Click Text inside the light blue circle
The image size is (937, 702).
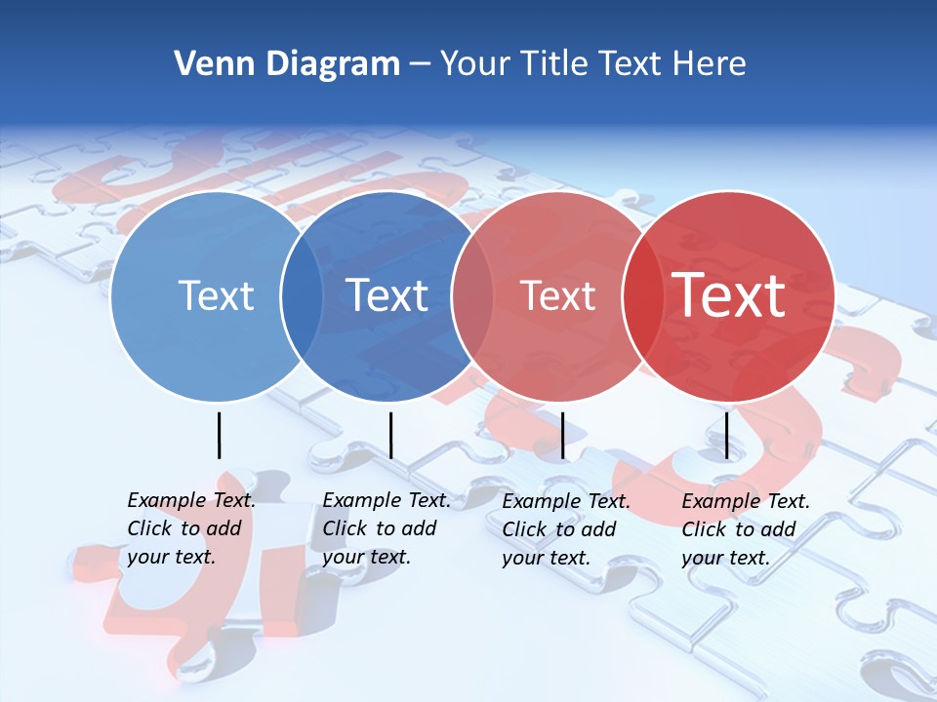[216, 295]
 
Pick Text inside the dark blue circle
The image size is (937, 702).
[387, 295]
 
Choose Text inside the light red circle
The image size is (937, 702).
[557, 295]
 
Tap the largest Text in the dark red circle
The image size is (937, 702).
[729, 295]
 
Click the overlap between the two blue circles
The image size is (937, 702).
[302, 295]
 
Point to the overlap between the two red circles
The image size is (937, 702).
[641, 295]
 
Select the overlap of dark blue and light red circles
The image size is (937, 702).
[472, 295]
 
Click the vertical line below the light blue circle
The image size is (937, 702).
[219, 435]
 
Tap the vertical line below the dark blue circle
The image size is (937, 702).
[390, 435]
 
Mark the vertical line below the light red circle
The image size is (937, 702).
[562, 435]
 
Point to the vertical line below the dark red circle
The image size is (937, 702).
[726, 435]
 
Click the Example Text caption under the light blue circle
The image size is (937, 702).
[191, 528]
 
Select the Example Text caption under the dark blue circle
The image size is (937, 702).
[387, 528]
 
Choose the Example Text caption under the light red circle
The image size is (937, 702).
[566, 529]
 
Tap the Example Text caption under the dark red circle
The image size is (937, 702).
[746, 529]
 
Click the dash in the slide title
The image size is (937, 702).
[420, 65]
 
